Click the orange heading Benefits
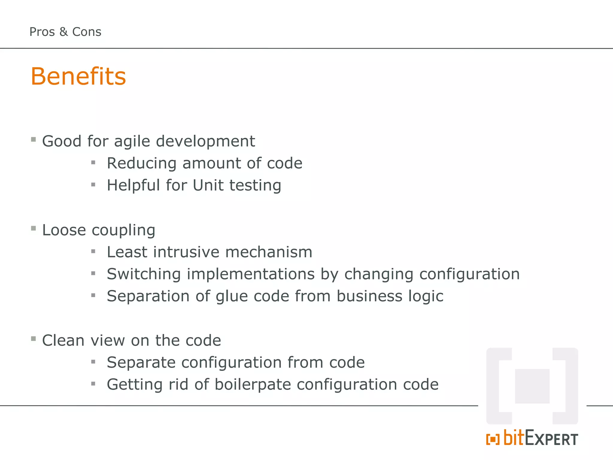point(78,76)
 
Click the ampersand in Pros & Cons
point(63,32)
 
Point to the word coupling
point(123,231)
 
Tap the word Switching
point(144,274)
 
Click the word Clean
point(63,341)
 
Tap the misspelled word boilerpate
point(253,384)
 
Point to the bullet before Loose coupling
point(34,229)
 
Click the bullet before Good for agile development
point(34,140)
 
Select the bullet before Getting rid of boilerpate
point(93,384)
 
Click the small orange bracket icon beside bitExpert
point(493,439)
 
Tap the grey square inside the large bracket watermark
point(532,386)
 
